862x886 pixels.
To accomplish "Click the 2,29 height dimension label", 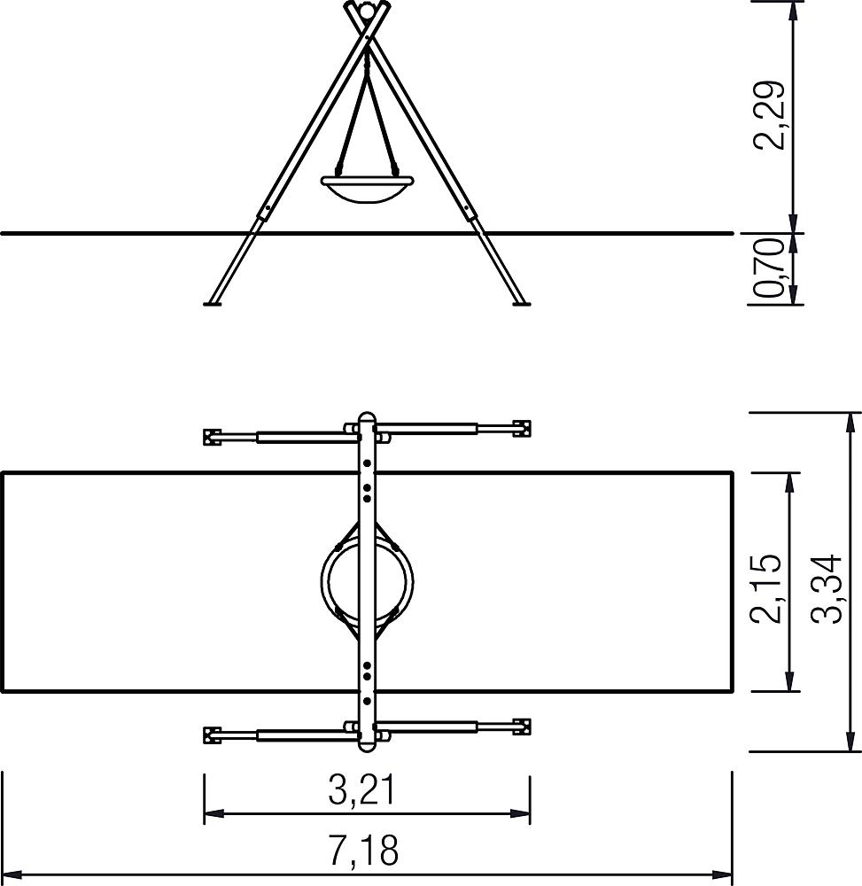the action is (x=769, y=115).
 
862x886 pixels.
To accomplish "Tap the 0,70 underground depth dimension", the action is (x=769, y=268).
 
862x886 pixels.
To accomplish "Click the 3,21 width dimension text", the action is (x=362, y=789).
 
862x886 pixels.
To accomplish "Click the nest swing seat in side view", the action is (x=367, y=190).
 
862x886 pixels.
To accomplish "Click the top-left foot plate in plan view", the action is (x=213, y=437).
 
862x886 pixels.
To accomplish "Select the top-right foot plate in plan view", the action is (x=522, y=428).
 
